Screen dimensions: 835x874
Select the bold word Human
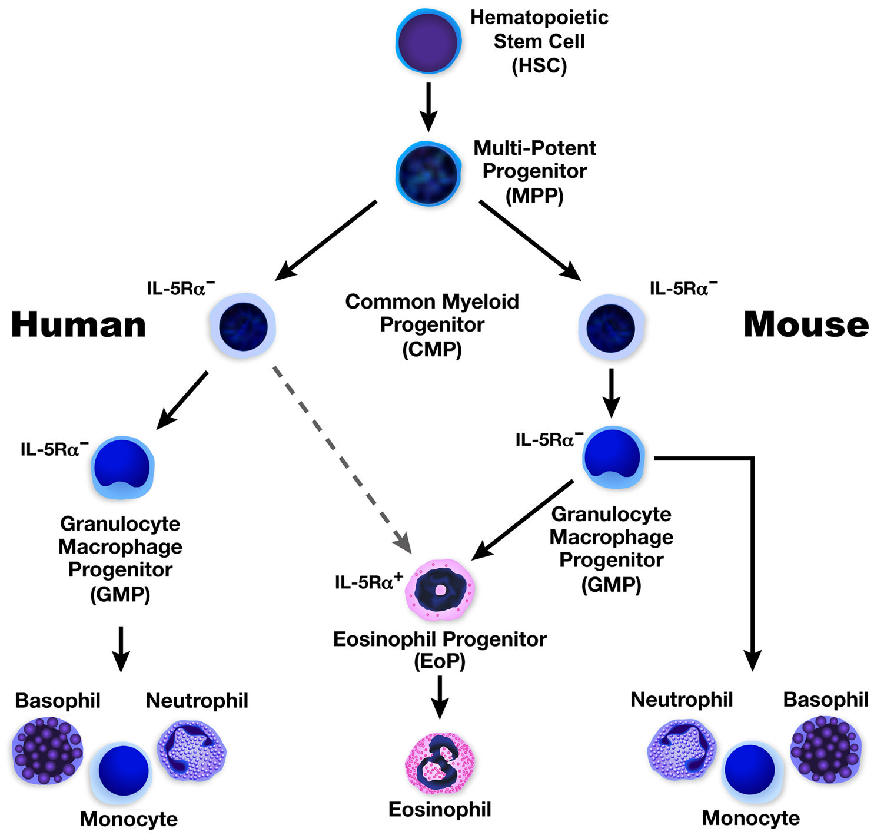pyautogui.click(x=78, y=324)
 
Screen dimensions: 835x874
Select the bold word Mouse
pyautogui.click(x=806, y=324)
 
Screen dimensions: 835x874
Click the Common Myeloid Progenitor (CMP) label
pyautogui.click(x=432, y=325)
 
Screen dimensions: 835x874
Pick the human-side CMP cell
pyautogui.click(x=242, y=326)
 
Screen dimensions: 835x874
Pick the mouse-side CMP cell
pyautogui.click(x=611, y=327)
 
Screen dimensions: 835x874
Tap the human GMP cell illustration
pyautogui.click(x=122, y=467)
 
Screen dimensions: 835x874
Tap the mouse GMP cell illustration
pyautogui.click(x=613, y=458)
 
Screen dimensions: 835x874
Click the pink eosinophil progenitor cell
pyautogui.click(x=440, y=589)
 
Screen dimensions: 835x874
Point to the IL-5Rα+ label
pyautogui.click(x=368, y=581)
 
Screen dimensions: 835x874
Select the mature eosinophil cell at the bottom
pyautogui.click(x=440, y=763)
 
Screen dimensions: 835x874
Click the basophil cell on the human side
pyautogui.click(x=47, y=750)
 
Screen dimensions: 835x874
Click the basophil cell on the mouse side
pyautogui.click(x=826, y=748)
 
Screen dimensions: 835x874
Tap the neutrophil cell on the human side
pyautogui.click(x=191, y=751)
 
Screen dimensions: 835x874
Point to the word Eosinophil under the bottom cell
pyautogui.click(x=440, y=810)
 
